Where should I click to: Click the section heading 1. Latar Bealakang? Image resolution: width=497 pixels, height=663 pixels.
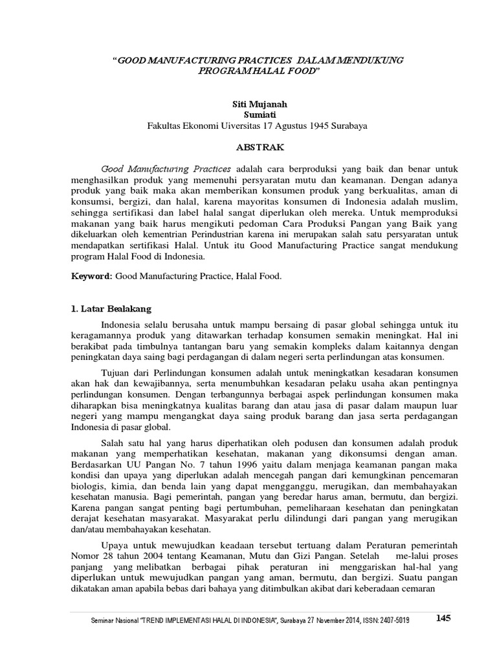tap(111, 309)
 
